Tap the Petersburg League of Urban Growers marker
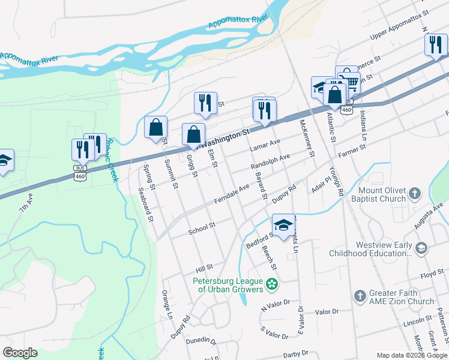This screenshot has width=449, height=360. click(x=273, y=283)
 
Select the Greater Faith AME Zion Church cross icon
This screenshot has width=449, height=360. click(x=360, y=295)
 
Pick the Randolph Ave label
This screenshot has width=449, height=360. click(x=270, y=161)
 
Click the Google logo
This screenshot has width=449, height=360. click(x=20, y=353)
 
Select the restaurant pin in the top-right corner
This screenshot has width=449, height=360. click(x=436, y=44)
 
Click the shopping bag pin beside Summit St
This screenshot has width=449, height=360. click(x=155, y=127)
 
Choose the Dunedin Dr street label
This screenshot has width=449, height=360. click(x=202, y=340)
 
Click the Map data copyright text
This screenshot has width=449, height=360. click(x=412, y=355)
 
